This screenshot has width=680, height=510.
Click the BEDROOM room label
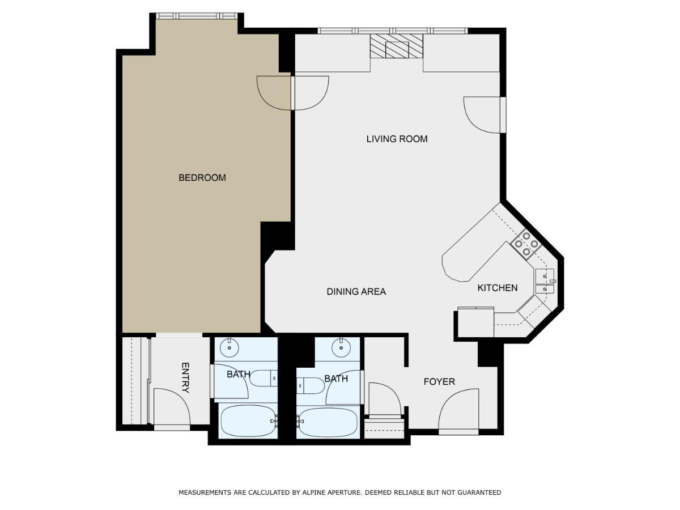click(202, 177)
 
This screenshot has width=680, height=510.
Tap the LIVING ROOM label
click(397, 139)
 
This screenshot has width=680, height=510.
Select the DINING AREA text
click(356, 291)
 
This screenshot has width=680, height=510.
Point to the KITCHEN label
click(497, 288)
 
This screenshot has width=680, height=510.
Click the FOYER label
click(439, 381)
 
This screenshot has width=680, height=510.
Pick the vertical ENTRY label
click(185, 377)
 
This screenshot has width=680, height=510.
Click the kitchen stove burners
click(526, 244)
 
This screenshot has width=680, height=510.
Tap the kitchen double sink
click(545, 281)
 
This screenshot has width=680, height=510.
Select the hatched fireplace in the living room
click(397, 46)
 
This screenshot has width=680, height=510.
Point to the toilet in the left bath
click(263, 379)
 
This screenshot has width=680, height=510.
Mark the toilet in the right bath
click(311, 385)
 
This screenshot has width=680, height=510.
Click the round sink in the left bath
click(229, 347)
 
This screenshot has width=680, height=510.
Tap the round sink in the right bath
click(341, 347)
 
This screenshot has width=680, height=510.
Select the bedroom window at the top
click(197, 16)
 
